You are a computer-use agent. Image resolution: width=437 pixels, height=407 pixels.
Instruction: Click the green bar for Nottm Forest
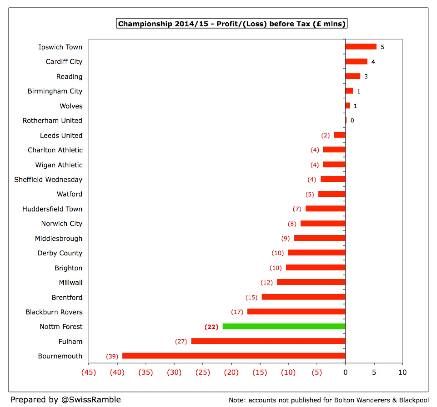[284, 326]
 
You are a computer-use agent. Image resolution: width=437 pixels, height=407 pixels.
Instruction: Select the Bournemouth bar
[234, 356]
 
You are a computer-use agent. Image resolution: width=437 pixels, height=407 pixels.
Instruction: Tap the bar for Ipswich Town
[361, 47]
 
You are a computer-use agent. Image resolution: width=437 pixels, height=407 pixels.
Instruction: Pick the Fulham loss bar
[268, 341]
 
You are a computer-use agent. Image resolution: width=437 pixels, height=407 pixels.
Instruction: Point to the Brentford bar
[303, 297]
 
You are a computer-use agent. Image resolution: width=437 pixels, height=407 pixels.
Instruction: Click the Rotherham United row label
[52, 120]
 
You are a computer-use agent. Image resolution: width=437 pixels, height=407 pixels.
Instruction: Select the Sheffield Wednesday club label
[48, 179]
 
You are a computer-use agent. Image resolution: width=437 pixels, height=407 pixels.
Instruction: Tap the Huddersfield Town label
[52, 209]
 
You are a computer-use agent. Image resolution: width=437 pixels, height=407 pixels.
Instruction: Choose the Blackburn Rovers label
[54, 312]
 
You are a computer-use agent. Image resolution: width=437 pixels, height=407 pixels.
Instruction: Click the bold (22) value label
[211, 327]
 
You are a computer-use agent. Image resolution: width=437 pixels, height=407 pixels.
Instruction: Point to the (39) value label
[112, 356]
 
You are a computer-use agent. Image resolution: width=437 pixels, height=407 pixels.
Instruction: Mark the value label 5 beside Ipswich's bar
[382, 47]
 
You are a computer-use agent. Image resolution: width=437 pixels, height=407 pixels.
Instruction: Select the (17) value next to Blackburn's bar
[237, 312]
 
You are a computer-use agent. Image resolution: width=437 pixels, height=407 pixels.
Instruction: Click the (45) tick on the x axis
[89, 372]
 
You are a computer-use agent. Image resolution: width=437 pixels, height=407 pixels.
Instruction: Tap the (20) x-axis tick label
[231, 372]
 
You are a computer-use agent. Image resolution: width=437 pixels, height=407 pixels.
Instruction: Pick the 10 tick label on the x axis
[402, 372]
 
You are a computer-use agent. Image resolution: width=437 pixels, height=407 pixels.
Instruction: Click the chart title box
[232, 24]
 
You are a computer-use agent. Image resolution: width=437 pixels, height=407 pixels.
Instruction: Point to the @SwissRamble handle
[91, 400]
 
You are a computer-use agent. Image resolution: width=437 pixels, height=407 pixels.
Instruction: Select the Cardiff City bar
[356, 62]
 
